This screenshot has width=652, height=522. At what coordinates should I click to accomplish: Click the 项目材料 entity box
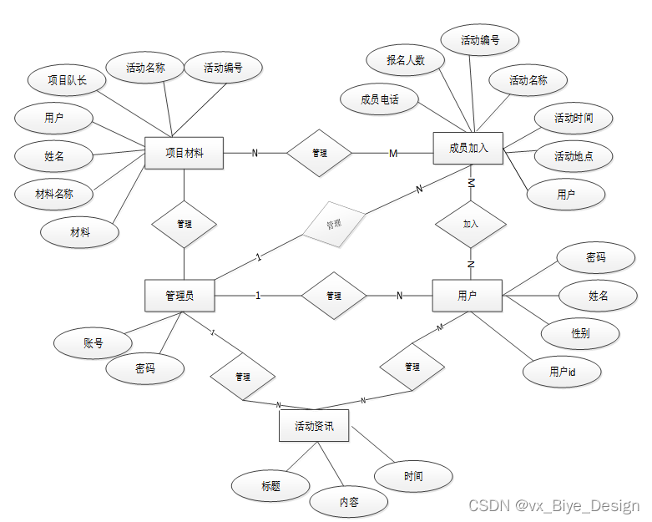tap(184, 153)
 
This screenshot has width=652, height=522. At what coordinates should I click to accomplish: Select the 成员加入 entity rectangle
tap(468, 149)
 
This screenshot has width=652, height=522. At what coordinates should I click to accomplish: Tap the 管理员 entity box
tap(180, 295)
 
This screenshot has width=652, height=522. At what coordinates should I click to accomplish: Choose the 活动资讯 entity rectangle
tap(314, 426)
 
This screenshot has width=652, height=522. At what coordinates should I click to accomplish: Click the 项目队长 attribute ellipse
tap(67, 81)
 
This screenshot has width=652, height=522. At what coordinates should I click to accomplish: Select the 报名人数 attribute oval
tap(405, 60)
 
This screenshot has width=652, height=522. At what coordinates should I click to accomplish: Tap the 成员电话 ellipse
tap(380, 99)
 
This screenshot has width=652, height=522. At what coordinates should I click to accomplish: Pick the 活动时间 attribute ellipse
tap(574, 119)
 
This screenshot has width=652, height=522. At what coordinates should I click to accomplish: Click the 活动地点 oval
tap(574, 156)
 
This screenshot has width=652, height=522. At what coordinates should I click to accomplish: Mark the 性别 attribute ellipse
tap(580, 333)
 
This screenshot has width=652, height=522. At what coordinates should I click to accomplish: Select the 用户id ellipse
tap(562, 372)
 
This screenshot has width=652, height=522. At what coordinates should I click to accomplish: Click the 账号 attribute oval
tap(93, 342)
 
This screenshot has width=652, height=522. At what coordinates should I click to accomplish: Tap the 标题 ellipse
tap(270, 485)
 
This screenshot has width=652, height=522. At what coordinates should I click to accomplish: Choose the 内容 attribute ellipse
tap(349, 502)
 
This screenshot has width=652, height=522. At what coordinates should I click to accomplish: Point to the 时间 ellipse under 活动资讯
tap(413, 476)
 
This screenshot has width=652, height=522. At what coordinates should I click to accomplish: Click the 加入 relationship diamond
tap(471, 225)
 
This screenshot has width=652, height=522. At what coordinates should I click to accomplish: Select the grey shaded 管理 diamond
tap(334, 225)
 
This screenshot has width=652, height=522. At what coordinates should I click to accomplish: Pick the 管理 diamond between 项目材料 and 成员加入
tap(319, 154)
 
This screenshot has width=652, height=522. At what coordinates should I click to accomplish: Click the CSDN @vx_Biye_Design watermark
tap(553, 505)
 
